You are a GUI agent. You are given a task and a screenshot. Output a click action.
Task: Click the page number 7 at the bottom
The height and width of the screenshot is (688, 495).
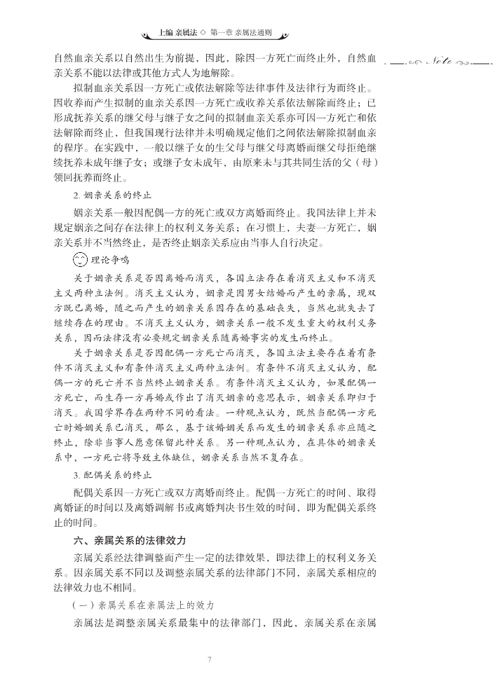point(210,659)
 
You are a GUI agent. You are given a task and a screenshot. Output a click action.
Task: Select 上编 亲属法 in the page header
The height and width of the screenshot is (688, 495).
point(178,34)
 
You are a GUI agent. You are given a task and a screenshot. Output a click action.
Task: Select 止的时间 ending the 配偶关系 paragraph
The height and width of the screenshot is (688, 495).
point(72,523)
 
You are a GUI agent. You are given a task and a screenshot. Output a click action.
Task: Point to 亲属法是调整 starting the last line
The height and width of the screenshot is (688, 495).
point(102,622)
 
